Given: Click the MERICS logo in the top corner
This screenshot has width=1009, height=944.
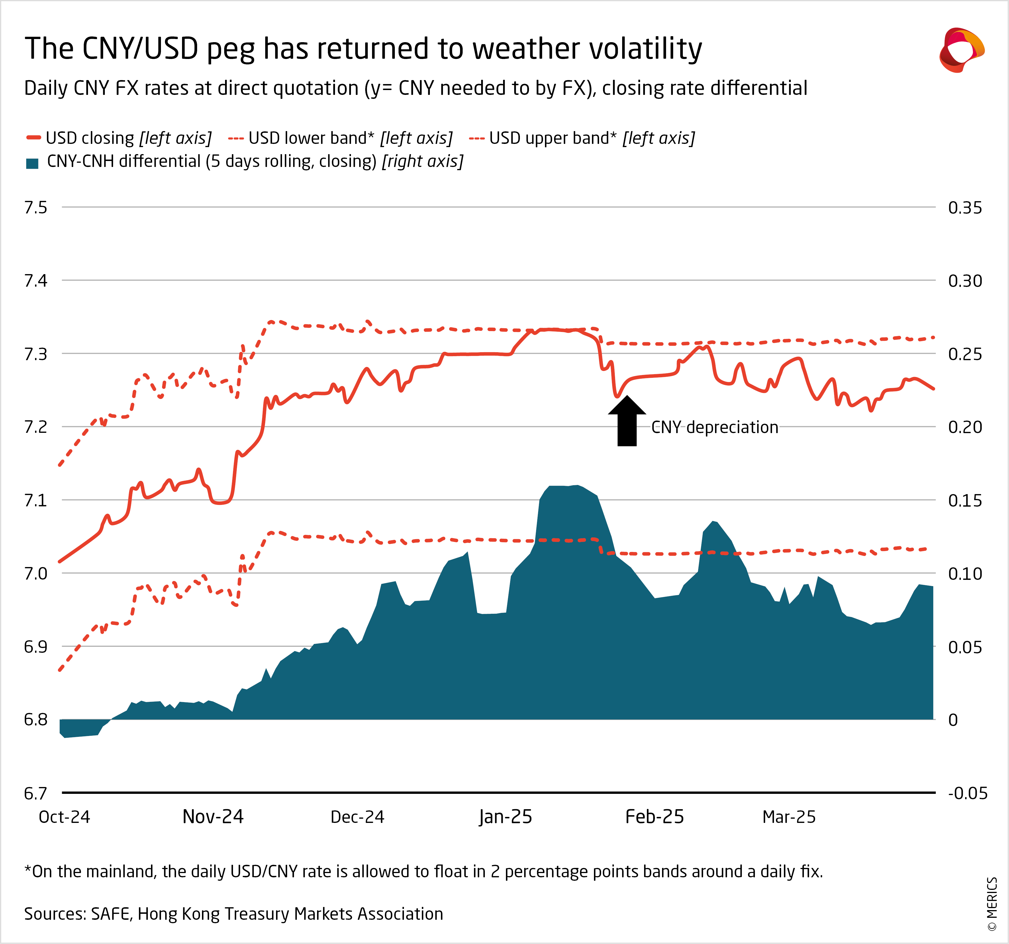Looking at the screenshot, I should [x=961, y=50].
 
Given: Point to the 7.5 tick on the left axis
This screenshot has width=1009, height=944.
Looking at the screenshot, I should [x=36, y=208].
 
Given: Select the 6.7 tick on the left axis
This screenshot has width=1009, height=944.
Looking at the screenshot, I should [x=36, y=793].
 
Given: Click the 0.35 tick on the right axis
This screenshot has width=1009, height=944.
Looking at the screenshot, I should [x=965, y=208].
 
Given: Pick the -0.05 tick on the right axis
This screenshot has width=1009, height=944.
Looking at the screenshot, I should [x=967, y=793].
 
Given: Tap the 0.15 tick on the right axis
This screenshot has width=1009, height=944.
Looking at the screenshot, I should [x=965, y=501].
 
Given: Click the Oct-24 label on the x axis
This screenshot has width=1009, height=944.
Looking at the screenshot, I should [x=64, y=817].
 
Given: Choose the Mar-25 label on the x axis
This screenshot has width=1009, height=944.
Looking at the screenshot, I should [x=789, y=817].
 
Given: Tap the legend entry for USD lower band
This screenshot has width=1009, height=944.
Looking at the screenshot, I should [x=340, y=138].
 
